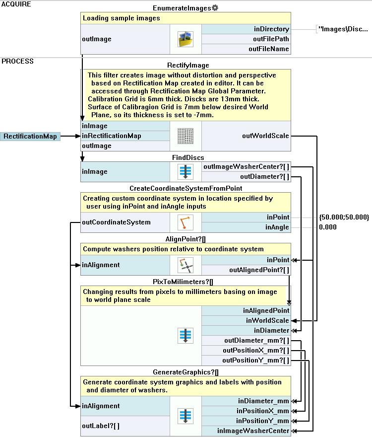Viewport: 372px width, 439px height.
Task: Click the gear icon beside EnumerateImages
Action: [215, 8]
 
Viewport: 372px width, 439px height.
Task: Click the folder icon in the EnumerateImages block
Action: [185, 39]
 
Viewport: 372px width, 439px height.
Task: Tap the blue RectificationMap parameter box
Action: [30, 136]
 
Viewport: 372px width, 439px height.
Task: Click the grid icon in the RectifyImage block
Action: [185, 136]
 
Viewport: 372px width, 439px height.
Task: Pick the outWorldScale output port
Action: [265, 136]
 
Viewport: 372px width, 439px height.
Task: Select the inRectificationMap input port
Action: [112, 136]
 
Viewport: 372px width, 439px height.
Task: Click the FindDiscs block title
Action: [185, 157]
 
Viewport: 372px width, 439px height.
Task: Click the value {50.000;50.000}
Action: [344, 217]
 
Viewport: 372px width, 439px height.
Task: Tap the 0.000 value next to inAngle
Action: [328, 227]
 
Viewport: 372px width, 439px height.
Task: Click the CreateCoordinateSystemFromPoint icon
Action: [185, 222]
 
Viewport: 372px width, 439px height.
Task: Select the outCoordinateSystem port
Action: [116, 222]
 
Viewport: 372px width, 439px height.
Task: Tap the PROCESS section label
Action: [17, 61]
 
